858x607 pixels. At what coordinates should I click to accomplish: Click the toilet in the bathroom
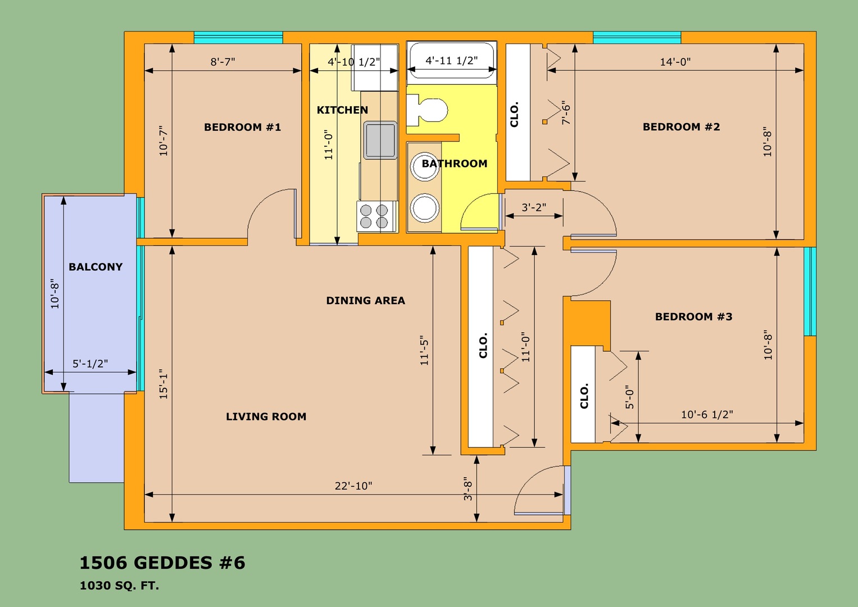(427, 110)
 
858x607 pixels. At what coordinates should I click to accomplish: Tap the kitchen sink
(380, 140)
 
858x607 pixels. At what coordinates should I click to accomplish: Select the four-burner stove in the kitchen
(377, 216)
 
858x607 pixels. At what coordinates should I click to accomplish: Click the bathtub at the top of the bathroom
(452, 62)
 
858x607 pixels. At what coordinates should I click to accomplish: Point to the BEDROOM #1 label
(243, 127)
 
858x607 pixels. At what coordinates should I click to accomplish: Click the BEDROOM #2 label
(682, 127)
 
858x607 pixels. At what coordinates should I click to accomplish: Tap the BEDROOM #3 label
(694, 316)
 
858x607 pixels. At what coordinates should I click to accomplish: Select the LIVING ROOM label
(266, 416)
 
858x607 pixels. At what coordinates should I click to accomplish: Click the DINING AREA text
(365, 301)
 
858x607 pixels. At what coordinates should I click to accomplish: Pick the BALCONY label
(96, 267)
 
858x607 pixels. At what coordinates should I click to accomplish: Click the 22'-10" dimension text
(353, 486)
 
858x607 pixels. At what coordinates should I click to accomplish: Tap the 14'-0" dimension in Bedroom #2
(675, 62)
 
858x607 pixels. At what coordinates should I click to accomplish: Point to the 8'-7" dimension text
(223, 62)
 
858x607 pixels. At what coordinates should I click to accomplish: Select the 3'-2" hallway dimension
(534, 207)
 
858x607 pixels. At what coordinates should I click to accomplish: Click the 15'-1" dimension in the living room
(164, 384)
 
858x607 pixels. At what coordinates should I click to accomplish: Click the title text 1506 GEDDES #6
(162, 563)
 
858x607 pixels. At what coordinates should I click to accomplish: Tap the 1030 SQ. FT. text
(119, 586)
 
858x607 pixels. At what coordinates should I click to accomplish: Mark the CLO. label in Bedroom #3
(584, 396)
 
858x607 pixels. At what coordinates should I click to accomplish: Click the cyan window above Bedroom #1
(238, 38)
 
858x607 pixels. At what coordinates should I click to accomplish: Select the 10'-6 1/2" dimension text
(707, 415)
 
